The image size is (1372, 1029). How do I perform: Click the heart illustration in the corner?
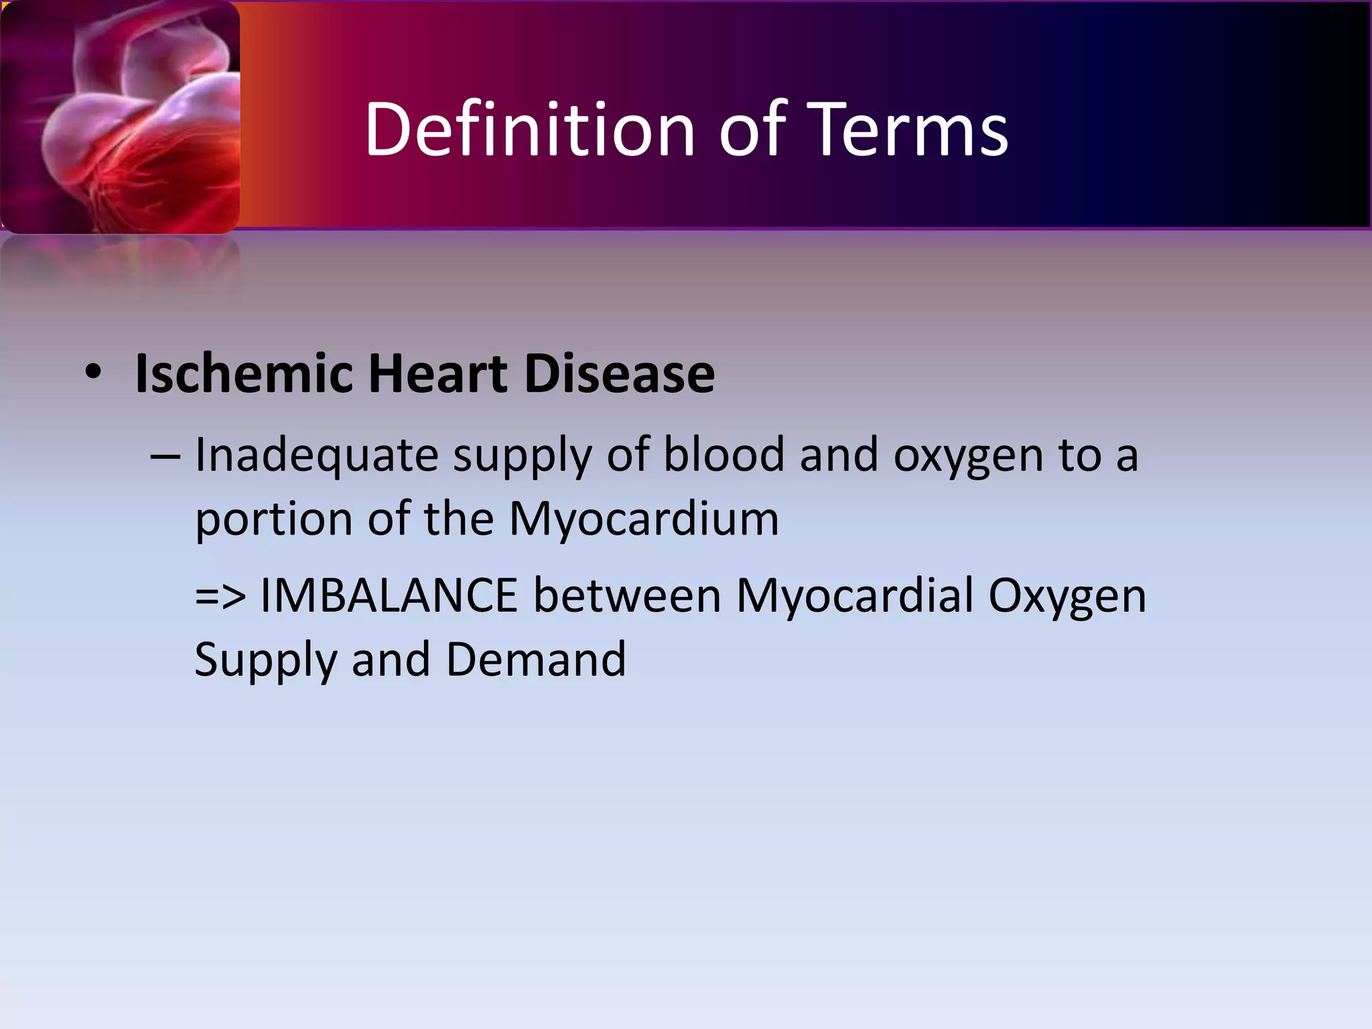point(121,117)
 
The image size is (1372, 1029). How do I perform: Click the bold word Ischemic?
point(243,373)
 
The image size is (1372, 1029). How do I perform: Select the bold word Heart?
point(438,373)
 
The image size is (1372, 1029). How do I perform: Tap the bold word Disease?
point(619,373)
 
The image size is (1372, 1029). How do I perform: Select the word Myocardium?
point(644,520)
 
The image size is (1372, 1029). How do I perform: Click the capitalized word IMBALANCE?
point(389,595)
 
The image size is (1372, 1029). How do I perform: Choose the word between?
point(627,595)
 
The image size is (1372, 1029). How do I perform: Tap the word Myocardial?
point(854,595)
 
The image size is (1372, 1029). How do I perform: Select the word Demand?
point(536,659)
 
